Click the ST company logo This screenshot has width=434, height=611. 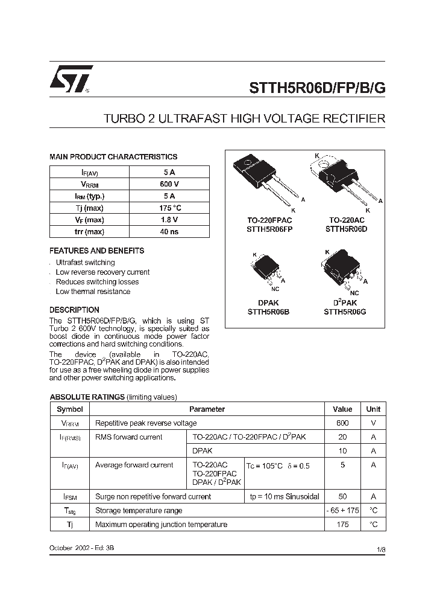pos(71,78)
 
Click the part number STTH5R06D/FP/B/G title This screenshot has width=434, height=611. pos(317,86)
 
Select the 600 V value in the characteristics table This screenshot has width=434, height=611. pos(169,184)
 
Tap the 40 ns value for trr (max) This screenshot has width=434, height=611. pos(169,232)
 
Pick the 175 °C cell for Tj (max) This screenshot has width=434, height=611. pos(169,208)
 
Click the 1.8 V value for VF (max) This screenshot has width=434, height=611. pos(169,220)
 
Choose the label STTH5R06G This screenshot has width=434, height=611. pos(345,312)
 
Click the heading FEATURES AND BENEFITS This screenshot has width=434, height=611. pos(96,251)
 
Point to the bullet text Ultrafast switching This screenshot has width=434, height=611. pos(85,263)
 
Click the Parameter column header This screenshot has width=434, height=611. pos(207,409)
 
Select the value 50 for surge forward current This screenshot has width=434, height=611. pos(342,496)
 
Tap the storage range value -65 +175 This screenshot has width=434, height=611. pos(342,510)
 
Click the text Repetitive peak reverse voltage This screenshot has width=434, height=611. pos(146,423)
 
